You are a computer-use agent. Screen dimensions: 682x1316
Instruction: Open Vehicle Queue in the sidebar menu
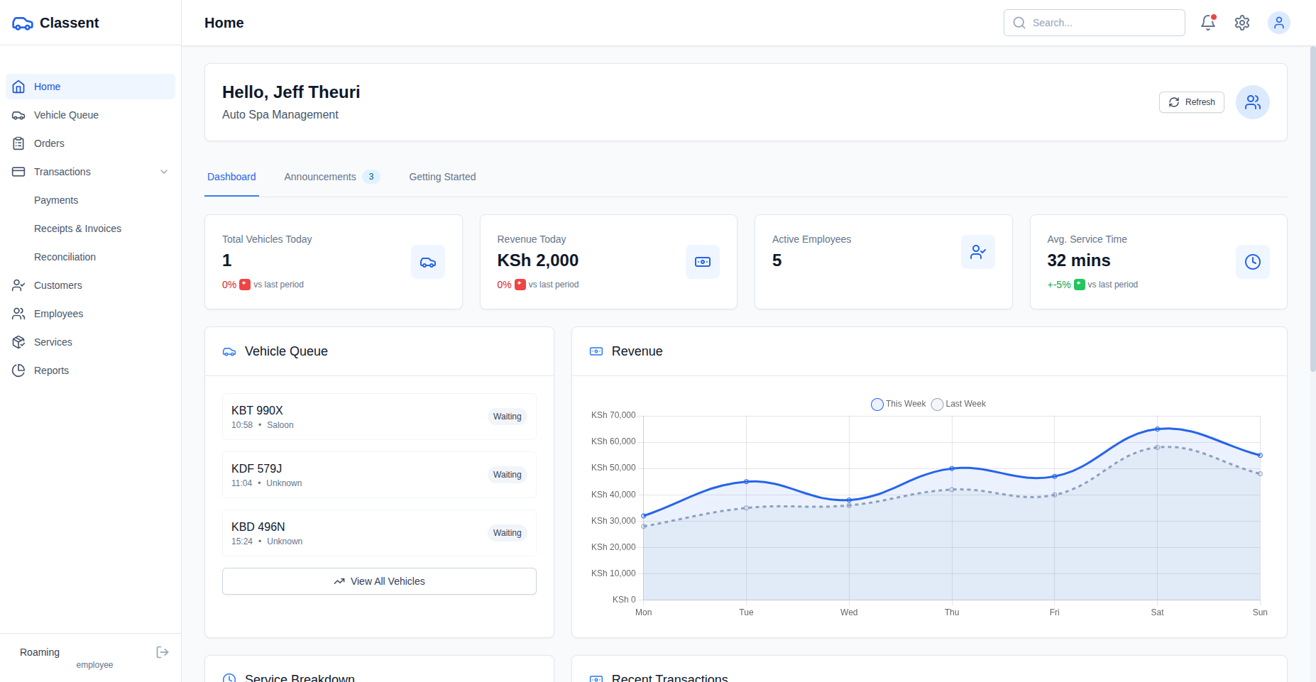pyautogui.click(x=66, y=115)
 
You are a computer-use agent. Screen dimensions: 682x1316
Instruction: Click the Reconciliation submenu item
pyautogui.click(x=65, y=257)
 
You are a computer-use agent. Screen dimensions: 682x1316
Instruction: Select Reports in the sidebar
pyautogui.click(x=51, y=370)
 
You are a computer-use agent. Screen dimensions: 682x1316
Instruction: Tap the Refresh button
pyautogui.click(x=1191, y=102)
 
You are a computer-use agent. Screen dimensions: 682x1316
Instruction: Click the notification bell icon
pyautogui.click(x=1207, y=23)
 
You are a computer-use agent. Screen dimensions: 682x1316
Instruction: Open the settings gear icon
pyautogui.click(x=1241, y=23)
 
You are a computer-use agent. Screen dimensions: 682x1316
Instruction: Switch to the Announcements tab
pyautogui.click(x=320, y=177)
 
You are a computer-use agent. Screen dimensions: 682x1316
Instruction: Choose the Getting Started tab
pyautogui.click(x=442, y=177)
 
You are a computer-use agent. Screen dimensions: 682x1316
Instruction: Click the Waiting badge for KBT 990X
pyautogui.click(x=507, y=417)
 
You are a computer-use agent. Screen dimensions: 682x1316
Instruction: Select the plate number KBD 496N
pyautogui.click(x=258, y=527)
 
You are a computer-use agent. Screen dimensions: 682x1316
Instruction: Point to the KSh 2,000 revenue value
pyautogui.click(x=537, y=260)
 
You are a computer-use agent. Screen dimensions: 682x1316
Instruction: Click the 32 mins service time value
pyautogui.click(x=1078, y=260)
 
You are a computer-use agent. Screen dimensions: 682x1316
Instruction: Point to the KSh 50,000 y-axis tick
pyautogui.click(x=613, y=468)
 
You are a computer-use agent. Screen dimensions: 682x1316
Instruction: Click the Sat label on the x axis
pyautogui.click(x=1157, y=612)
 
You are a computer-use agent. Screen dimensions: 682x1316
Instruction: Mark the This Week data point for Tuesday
pyautogui.click(x=746, y=482)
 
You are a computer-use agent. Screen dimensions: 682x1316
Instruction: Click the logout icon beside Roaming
pyautogui.click(x=163, y=652)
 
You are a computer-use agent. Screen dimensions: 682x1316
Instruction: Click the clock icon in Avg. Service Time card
pyautogui.click(x=1252, y=262)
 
